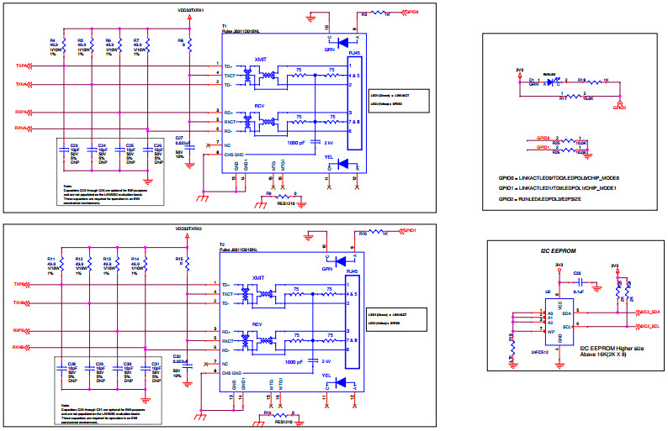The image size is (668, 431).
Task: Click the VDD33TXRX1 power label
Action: tap(193, 10)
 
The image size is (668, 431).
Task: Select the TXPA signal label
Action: tap(21, 65)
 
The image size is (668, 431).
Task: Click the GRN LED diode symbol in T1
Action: tap(342, 40)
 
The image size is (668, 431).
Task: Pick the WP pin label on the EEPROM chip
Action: tap(540, 330)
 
